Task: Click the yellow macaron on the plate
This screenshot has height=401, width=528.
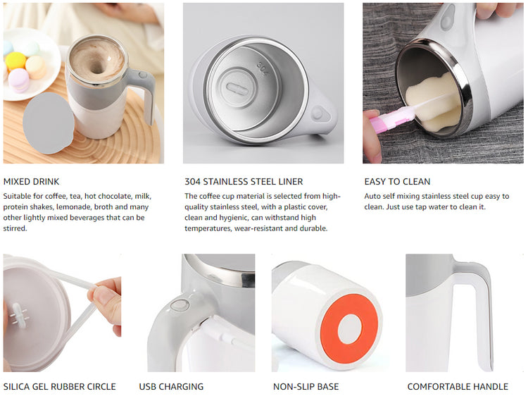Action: tap(15, 61)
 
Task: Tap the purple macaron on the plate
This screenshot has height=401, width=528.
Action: tap(18, 80)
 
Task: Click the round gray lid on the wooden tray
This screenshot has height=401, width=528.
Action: tap(49, 123)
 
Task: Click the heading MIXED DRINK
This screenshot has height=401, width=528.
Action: tap(31, 182)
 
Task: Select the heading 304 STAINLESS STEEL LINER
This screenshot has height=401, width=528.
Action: tap(244, 182)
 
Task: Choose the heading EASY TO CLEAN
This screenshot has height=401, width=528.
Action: tap(397, 182)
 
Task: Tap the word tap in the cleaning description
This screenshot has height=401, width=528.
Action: tap(420, 207)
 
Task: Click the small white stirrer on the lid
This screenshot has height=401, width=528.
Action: tap(18, 316)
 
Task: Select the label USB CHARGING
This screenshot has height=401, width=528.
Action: tap(171, 386)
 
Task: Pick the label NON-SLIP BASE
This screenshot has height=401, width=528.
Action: tap(306, 386)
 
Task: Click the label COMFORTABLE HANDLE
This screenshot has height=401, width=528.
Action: tap(458, 386)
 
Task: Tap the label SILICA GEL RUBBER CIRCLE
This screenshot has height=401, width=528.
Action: tap(59, 386)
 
